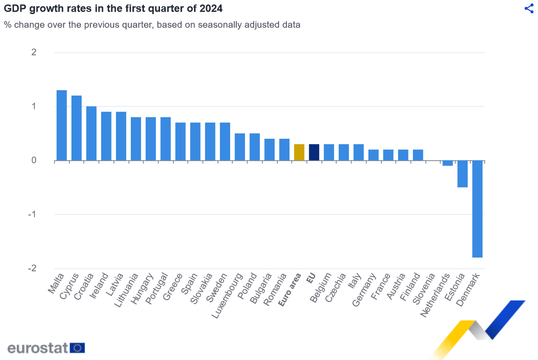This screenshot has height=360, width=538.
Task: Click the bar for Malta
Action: coord(61,125)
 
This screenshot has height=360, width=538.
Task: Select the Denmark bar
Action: coord(477,209)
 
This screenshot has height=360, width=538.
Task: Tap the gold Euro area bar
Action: coord(299,152)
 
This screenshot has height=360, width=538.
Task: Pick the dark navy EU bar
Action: coord(314,152)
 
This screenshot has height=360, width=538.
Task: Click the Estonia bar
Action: coord(462,174)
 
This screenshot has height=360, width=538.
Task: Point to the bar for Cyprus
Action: coord(76,128)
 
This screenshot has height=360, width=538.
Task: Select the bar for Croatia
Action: coord(91,133)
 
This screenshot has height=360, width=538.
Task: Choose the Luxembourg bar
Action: coord(240,147)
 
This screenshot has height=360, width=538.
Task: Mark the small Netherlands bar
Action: coord(447,163)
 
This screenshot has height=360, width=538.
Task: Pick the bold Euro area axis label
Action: coord(290,290)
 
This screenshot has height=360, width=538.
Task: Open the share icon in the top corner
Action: coord(529,9)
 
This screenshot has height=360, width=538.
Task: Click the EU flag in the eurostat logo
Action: coord(78,348)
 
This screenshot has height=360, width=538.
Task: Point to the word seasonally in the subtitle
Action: coord(218,24)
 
